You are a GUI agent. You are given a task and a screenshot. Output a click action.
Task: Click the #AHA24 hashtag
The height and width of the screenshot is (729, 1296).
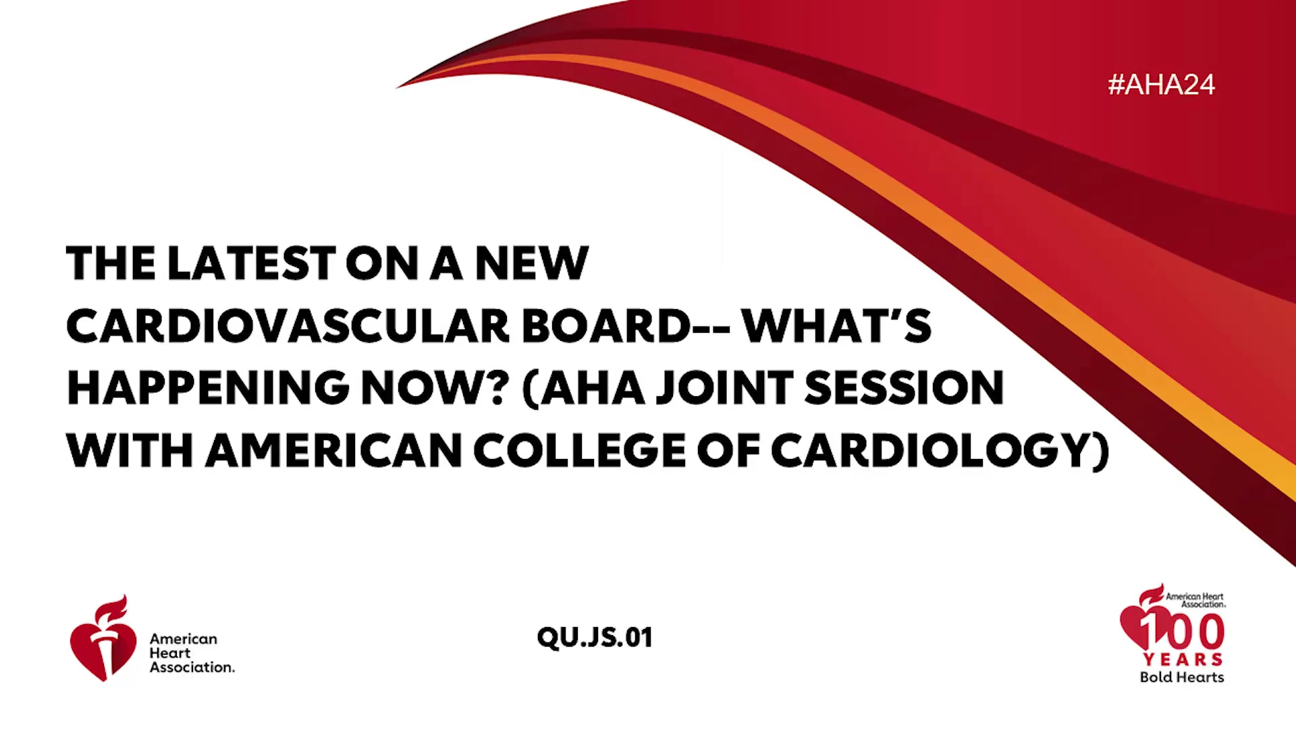[1161, 85]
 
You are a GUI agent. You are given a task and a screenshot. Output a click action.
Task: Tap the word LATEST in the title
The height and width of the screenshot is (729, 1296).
[251, 263]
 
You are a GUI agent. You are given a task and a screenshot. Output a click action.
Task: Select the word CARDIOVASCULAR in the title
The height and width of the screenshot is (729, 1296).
[288, 325]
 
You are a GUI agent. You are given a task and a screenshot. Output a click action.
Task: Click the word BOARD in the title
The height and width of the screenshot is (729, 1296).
[606, 325]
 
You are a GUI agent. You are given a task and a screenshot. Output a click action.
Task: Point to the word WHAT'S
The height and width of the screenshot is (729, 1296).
[836, 325]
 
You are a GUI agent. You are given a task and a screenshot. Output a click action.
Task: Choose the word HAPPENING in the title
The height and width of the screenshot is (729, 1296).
[208, 388]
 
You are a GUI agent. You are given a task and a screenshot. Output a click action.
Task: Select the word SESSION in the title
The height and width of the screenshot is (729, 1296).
[905, 388]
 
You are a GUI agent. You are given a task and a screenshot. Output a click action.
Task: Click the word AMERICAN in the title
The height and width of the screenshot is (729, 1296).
[333, 450]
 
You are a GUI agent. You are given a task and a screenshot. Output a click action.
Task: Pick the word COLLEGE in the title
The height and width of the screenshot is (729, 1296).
[580, 450]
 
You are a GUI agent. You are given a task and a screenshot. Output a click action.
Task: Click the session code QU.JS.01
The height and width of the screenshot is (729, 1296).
[595, 638]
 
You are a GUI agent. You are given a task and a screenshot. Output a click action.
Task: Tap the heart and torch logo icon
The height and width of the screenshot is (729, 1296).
[103, 639]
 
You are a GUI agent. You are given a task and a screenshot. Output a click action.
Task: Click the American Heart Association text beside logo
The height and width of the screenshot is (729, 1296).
[192, 653]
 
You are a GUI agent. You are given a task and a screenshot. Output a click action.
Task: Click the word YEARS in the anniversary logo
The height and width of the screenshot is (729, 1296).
[1183, 659]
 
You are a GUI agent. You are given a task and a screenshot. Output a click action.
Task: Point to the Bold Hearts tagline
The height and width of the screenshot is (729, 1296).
[1182, 677]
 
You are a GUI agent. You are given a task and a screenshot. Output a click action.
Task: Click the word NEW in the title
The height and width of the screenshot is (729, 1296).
[532, 263]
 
